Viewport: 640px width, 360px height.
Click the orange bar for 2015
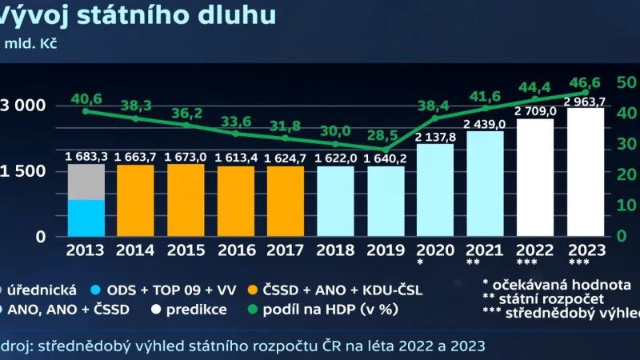click(x=186, y=200)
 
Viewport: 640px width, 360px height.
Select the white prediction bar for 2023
click(x=586, y=172)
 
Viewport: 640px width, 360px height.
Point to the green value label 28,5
click(x=386, y=133)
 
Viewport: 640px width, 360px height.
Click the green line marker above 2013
click(x=86, y=110)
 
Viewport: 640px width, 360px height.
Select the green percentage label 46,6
click(x=586, y=82)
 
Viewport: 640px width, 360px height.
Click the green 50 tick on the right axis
click(x=626, y=82)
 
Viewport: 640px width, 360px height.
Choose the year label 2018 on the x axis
click(x=336, y=250)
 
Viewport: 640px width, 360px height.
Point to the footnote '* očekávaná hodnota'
click(x=556, y=284)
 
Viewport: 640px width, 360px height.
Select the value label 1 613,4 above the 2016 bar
click(x=236, y=158)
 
